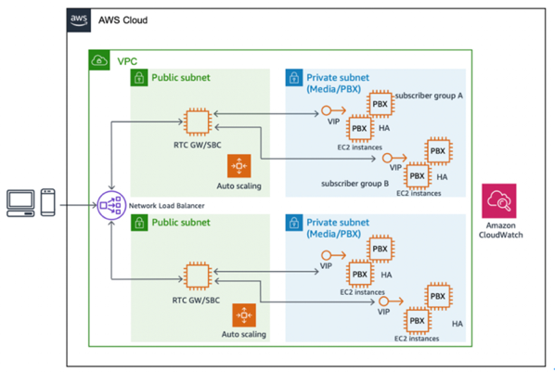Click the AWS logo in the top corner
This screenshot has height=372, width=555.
(x=79, y=19)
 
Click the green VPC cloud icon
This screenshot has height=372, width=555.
(x=97, y=61)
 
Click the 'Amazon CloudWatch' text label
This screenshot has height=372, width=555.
(x=497, y=231)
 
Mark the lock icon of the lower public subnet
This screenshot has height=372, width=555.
(x=139, y=224)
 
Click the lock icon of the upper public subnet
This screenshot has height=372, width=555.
(x=139, y=78)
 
